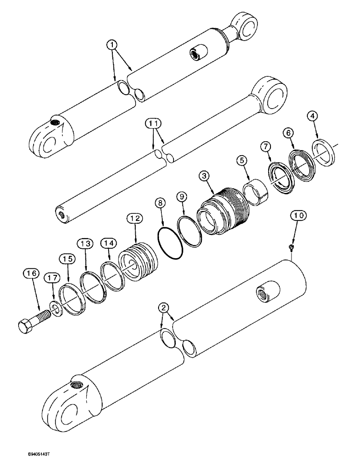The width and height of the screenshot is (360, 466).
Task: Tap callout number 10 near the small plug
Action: [x=298, y=216]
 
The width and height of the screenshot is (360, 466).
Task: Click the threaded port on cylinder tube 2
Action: [x=262, y=294]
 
